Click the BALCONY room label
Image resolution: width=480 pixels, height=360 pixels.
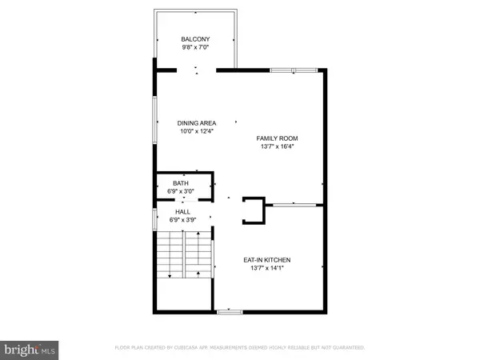(195, 39)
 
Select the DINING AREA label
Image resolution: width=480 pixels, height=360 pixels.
(197, 122)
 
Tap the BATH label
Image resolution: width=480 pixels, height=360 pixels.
(181, 183)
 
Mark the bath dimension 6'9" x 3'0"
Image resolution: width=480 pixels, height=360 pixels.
(181, 192)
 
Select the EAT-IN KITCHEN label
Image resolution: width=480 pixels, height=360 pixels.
(267, 260)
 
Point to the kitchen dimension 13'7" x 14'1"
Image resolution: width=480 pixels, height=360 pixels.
(267, 269)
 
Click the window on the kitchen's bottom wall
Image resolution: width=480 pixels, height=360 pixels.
(230, 310)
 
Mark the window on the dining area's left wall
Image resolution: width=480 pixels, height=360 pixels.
(154, 120)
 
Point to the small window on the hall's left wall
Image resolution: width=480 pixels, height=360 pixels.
(154, 218)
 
